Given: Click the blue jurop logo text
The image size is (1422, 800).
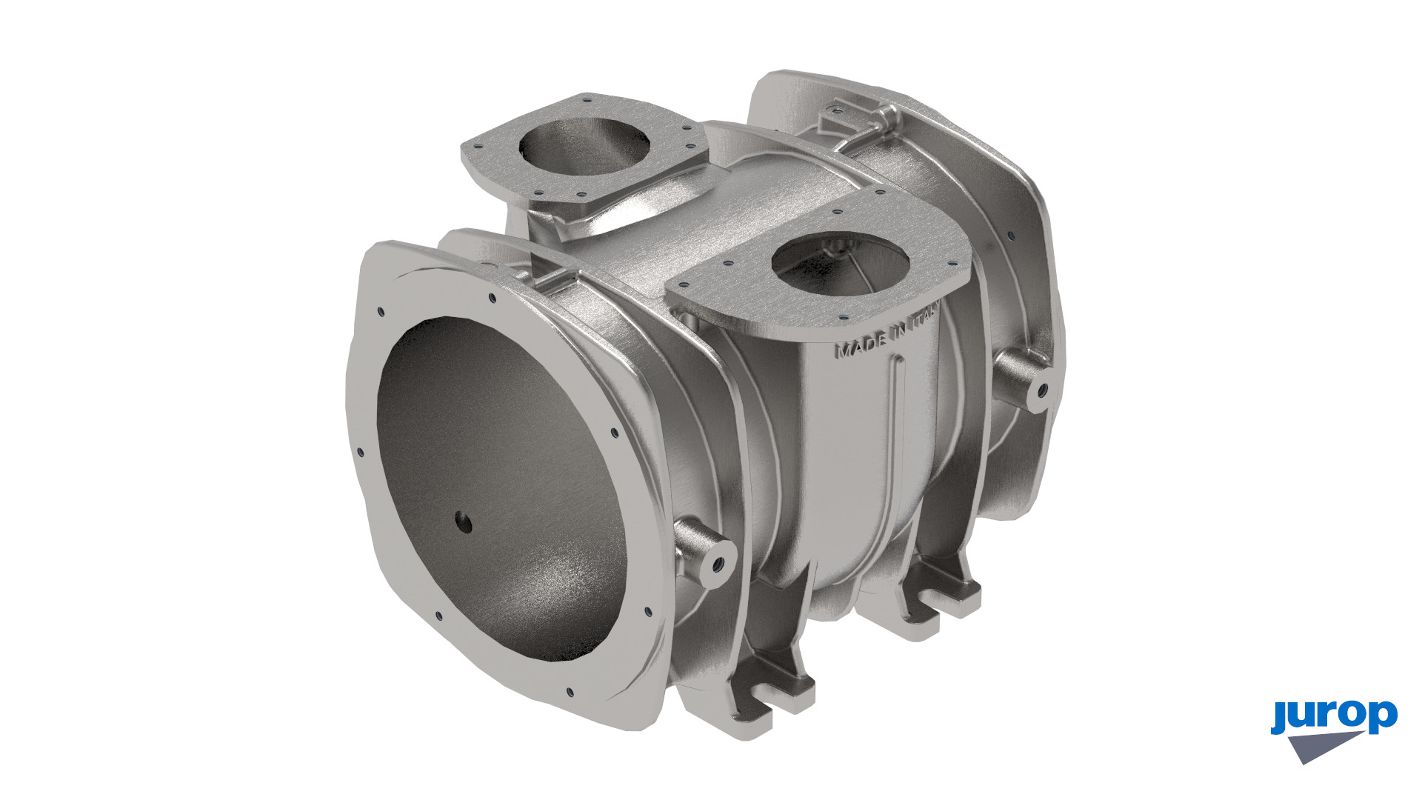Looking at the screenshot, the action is pos(1334,718).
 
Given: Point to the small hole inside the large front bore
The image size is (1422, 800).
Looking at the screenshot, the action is pos(464,523).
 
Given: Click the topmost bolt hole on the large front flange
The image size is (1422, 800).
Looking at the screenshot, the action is pos(491,299).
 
